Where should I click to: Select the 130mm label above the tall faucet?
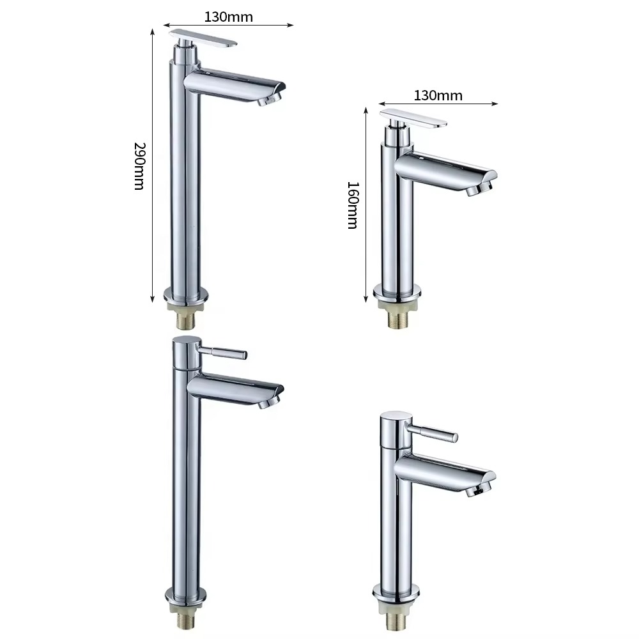[229, 17]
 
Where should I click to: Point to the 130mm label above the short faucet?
[438, 96]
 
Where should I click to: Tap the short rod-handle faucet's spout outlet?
[478, 491]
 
